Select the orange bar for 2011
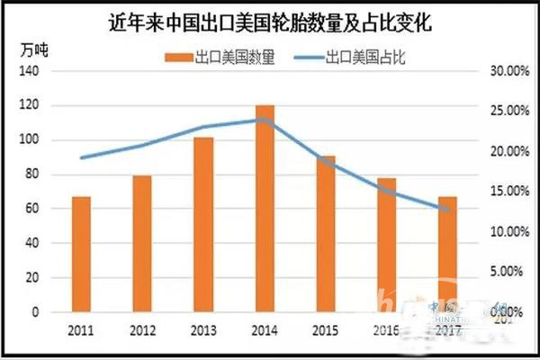(81, 255)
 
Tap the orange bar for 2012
(142, 244)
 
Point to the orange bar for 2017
(447, 255)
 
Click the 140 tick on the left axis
(31, 71)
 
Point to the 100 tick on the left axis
(31, 140)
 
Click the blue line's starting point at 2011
(81, 157)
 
